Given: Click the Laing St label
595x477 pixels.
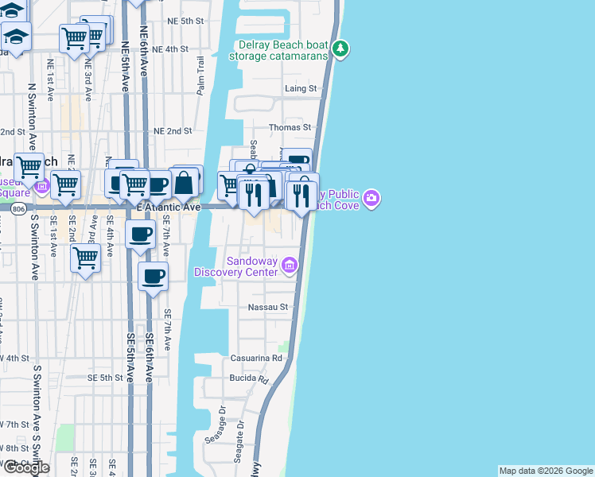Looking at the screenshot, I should pos(301,88).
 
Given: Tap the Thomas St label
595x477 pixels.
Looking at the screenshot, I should pos(290,127).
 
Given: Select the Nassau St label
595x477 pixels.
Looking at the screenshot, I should pos(266,307).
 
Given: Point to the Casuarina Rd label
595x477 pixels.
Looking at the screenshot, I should pos(256,359).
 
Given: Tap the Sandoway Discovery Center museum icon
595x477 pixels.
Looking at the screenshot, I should pos(290,266).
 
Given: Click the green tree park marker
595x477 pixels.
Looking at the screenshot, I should pos(340,50).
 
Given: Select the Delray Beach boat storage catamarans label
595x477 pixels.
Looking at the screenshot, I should pos(278,50).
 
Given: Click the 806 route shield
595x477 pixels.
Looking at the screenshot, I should pos(18,207).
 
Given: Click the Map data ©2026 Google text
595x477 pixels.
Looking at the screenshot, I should pos(545,471).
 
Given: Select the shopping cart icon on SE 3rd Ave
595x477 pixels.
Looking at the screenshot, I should pos(85,258).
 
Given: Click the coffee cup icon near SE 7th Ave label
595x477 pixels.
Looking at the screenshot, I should pos(154,277).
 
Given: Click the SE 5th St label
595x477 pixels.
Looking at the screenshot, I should pos(103,378).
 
